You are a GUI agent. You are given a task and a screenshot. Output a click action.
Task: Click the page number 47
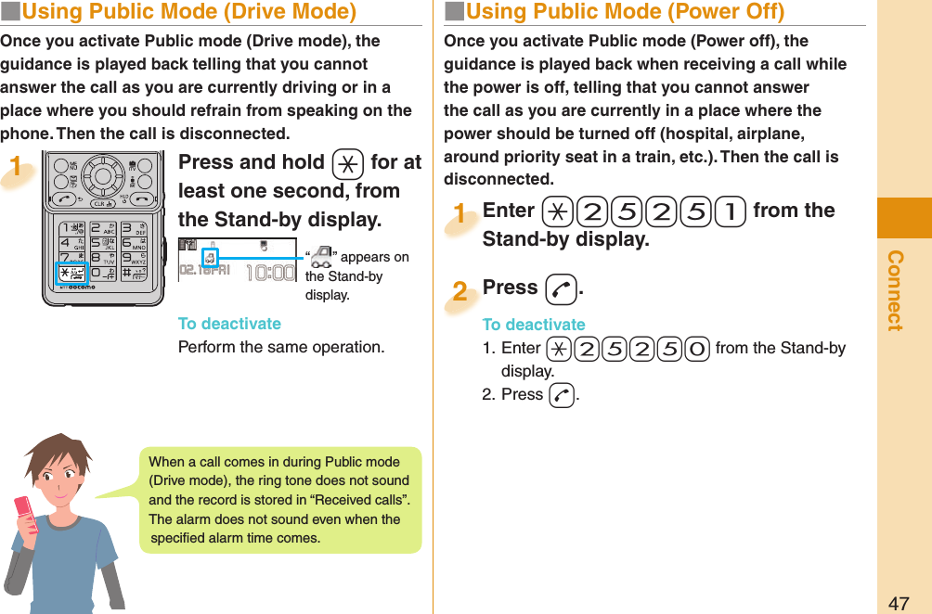pos(899,603)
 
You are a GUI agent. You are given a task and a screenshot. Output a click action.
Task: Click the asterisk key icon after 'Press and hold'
pos(346,163)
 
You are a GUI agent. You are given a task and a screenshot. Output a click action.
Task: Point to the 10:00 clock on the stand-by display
pos(270,273)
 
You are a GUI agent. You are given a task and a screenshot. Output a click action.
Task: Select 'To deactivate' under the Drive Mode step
pos(229,324)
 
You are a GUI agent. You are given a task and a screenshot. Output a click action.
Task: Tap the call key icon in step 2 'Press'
pos(561,289)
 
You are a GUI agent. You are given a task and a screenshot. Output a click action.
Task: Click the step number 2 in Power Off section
pos(459,291)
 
